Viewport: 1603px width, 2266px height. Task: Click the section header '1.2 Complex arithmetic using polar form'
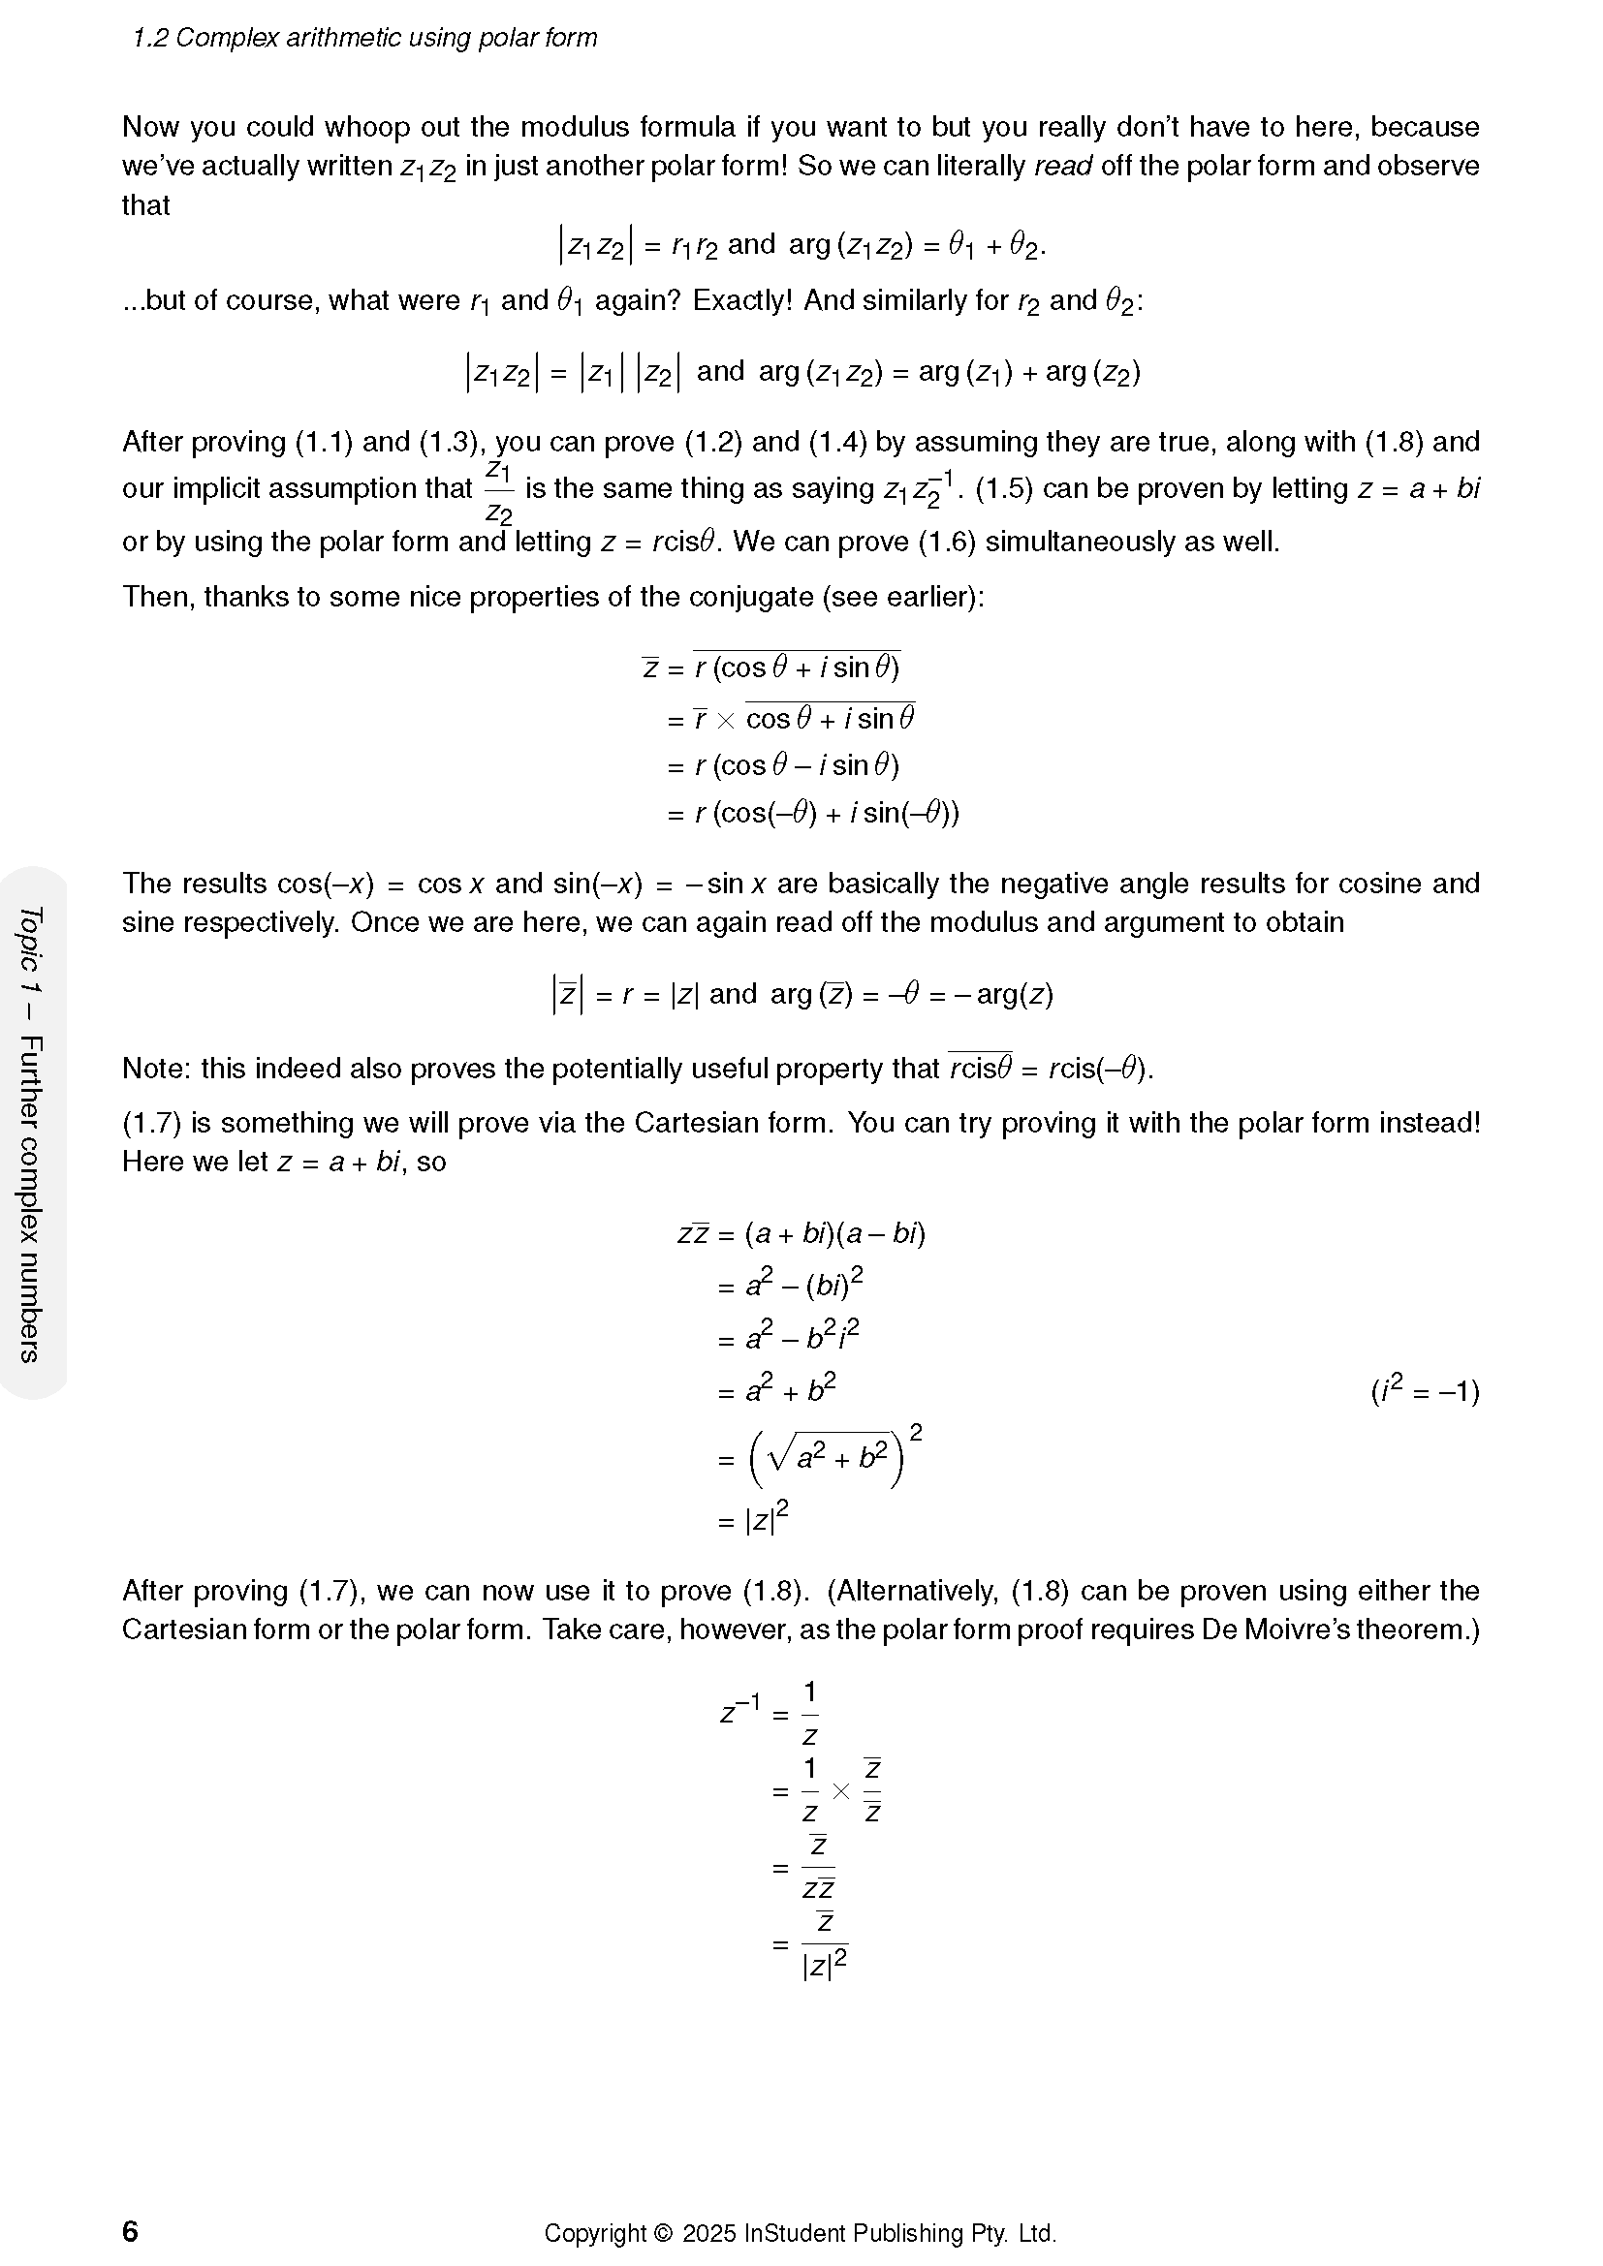pyautogui.click(x=364, y=39)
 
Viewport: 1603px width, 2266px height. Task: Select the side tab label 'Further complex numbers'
pyautogui.click(x=31, y=1198)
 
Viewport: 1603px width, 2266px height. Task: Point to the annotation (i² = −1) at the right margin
pyautogui.click(x=1425, y=1391)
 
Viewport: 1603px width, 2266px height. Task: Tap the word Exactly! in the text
pyautogui.click(x=742, y=300)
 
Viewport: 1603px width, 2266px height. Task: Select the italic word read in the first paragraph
pyautogui.click(x=1062, y=166)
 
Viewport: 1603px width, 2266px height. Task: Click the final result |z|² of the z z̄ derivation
pyautogui.click(x=765, y=1520)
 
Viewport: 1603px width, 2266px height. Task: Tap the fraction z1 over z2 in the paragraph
pyautogui.click(x=498, y=490)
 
